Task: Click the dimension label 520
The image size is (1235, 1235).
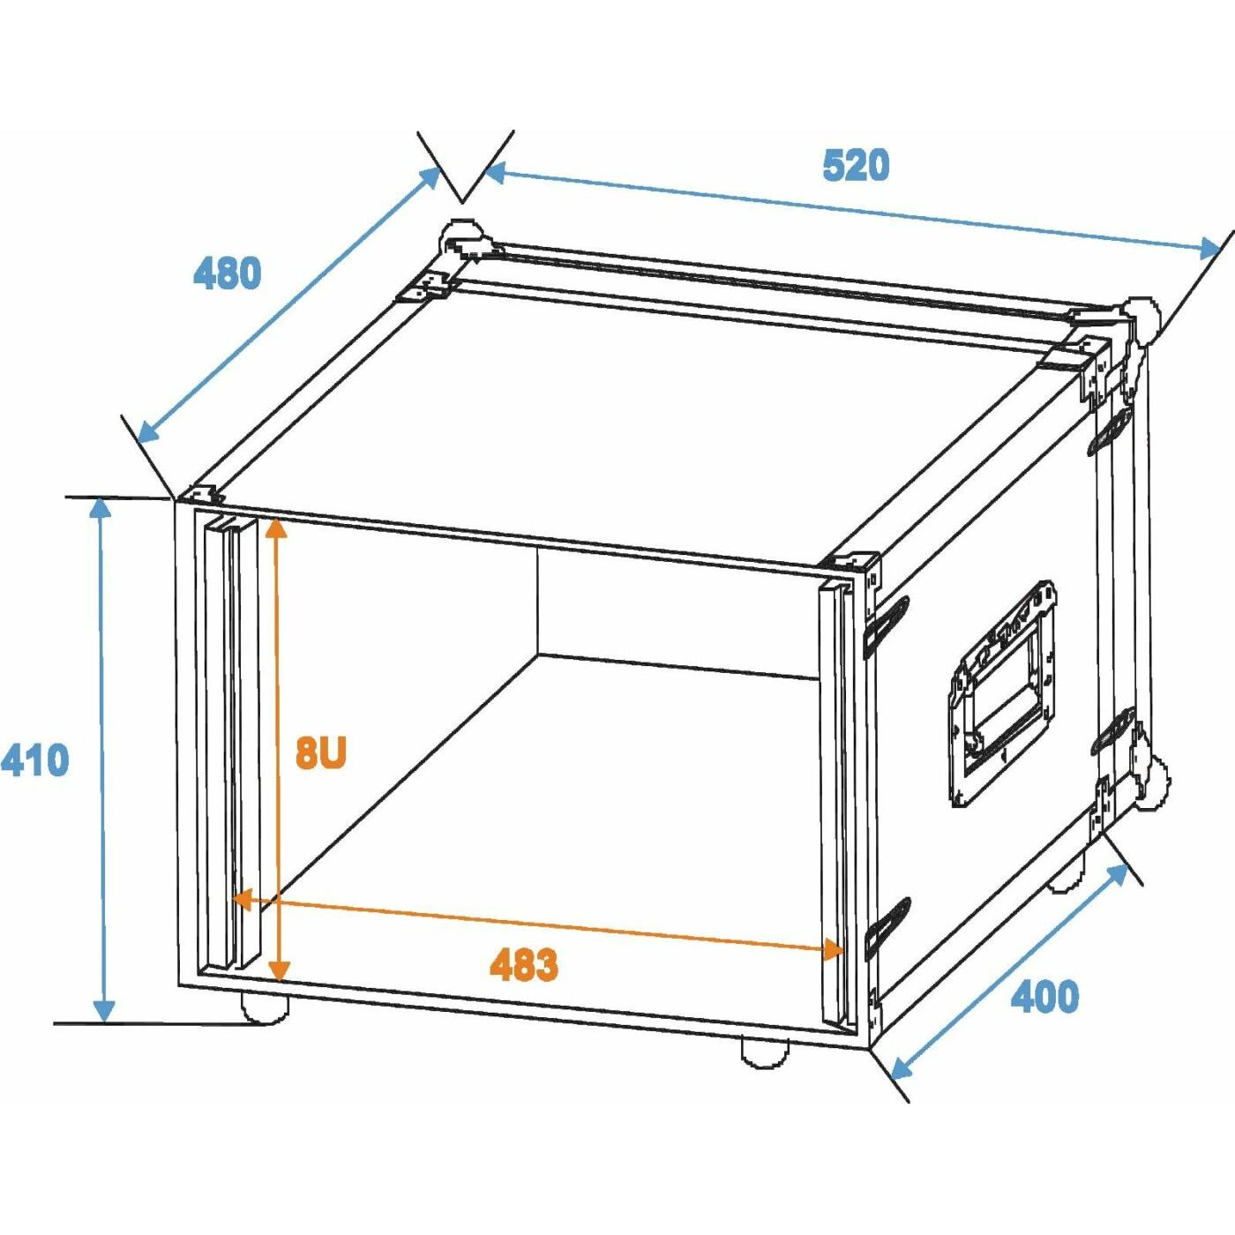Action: [x=857, y=165]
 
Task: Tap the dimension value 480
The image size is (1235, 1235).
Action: [x=228, y=273]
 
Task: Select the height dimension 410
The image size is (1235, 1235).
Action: [x=34, y=760]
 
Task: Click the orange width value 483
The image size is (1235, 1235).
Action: [x=524, y=964]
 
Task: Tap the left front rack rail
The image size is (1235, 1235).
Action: [x=231, y=745]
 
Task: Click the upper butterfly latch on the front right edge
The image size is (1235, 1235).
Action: [x=887, y=625]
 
